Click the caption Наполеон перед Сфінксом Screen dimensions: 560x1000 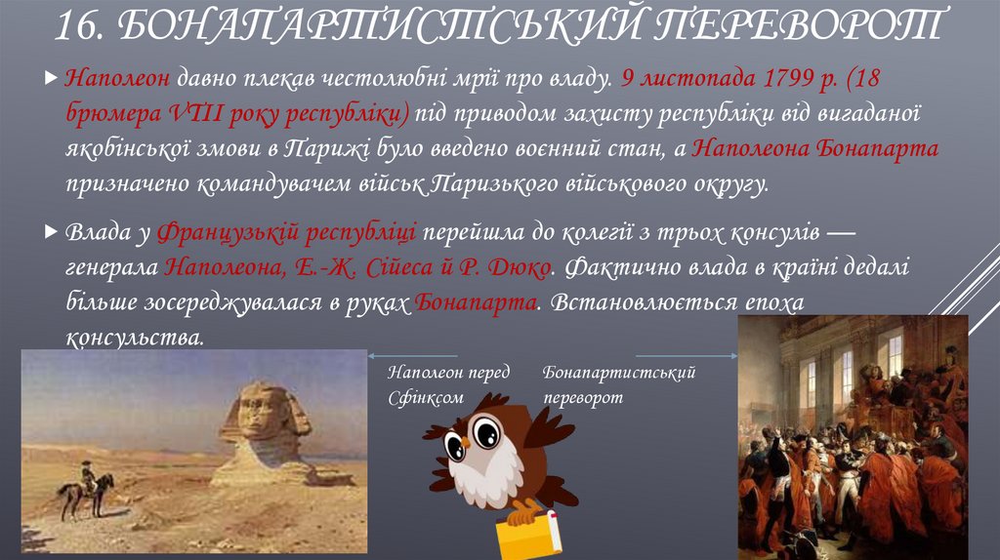pos(435,385)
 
